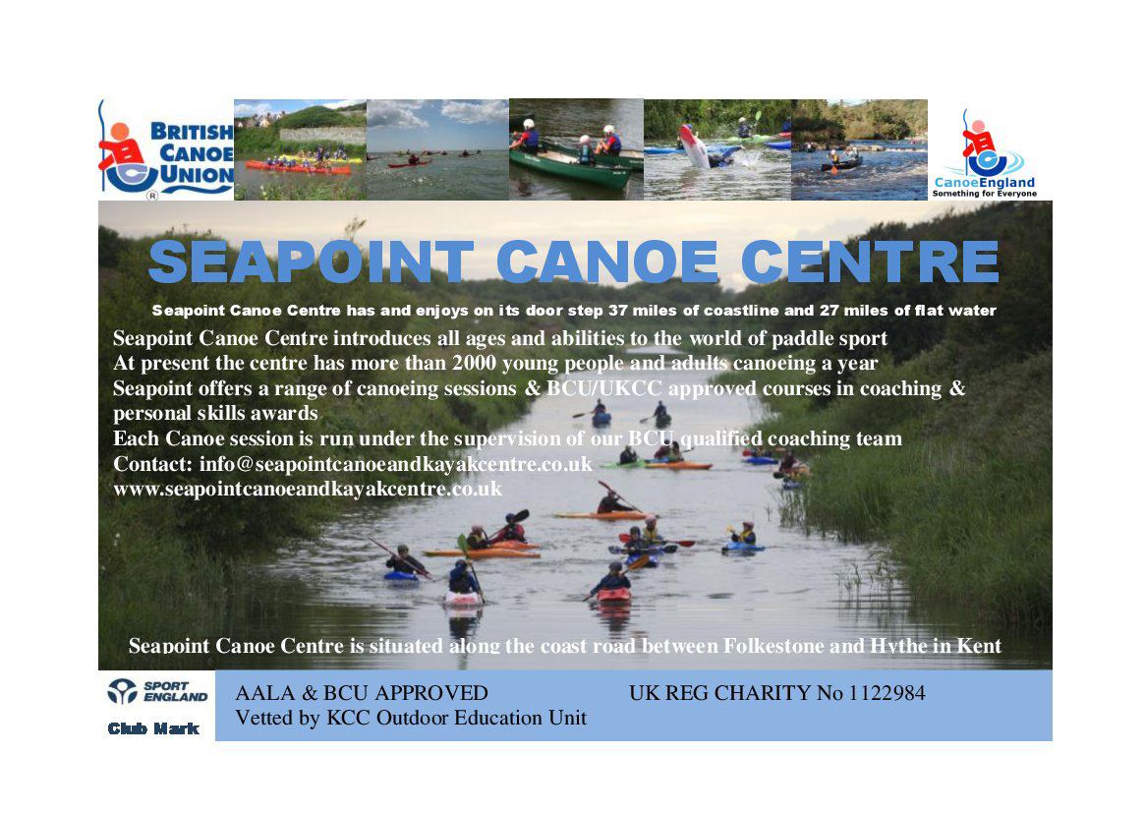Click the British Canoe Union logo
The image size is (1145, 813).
[166, 149]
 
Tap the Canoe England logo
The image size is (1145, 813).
[985, 153]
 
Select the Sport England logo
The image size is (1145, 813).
[157, 691]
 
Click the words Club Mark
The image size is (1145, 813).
[153, 728]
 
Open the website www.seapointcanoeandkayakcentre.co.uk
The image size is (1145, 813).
[308, 489]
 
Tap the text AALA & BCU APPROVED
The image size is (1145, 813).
[362, 692]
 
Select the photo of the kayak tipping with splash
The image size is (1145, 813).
[717, 149]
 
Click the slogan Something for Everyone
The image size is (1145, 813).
[985, 194]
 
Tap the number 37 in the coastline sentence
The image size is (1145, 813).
[618, 311]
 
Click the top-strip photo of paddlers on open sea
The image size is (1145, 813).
[437, 149]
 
